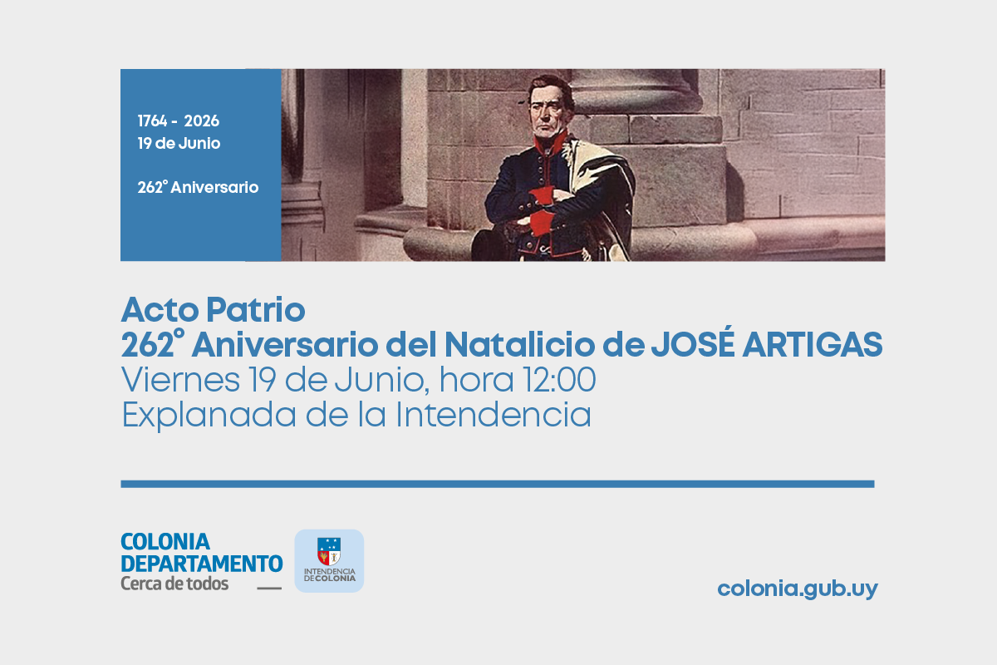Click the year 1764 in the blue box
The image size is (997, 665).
pyautogui.click(x=152, y=121)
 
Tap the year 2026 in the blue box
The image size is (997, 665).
pyautogui.click(x=202, y=121)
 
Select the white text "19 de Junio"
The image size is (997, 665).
pyautogui.click(x=179, y=143)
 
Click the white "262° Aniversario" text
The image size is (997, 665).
pyautogui.click(x=198, y=187)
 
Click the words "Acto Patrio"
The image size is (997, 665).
pyautogui.click(x=213, y=309)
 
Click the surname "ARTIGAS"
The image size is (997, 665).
pyautogui.click(x=813, y=345)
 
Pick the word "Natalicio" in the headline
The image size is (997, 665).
pyautogui.click(x=519, y=344)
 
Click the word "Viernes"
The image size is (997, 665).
pyautogui.click(x=180, y=380)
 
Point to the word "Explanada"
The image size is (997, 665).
pyautogui.click(x=209, y=415)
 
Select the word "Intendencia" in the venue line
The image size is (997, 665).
pyautogui.click(x=494, y=414)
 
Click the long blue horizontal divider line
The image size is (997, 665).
pyautogui.click(x=498, y=484)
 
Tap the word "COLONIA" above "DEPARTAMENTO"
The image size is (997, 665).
pyautogui.click(x=165, y=542)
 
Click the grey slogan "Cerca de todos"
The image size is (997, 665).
pyautogui.click(x=174, y=584)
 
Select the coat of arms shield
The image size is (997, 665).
pyautogui.click(x=329, y=551)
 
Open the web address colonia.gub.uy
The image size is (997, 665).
pyautogui.click(x=798, y=589)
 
